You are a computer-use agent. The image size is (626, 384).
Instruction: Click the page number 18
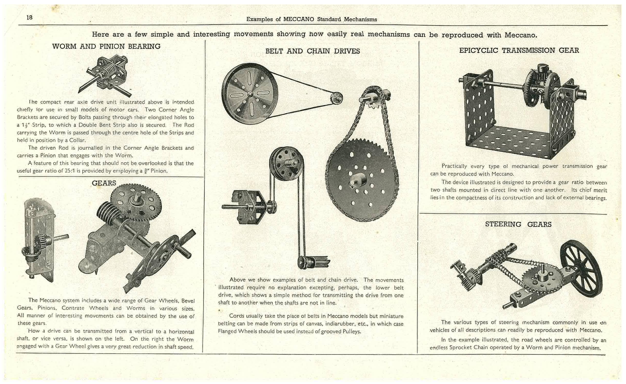30,17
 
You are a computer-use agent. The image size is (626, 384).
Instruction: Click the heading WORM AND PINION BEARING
106,46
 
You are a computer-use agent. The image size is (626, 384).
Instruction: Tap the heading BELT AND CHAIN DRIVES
312,51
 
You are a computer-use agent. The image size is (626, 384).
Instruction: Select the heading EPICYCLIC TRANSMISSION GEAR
519,50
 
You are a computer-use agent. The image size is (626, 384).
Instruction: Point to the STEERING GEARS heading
518,224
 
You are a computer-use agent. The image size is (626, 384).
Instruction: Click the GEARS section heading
104,183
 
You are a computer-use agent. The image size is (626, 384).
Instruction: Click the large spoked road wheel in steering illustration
581,268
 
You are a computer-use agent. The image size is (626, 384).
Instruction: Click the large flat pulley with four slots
250,94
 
